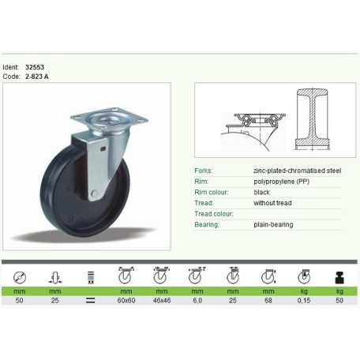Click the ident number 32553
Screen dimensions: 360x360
[x=35, y=67]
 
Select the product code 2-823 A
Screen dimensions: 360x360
[x=37, y=77]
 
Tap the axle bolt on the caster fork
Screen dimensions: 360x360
[x=94, y=194]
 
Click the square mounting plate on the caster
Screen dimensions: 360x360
[x=110, y=118]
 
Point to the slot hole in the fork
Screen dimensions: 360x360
[x=103, y=148]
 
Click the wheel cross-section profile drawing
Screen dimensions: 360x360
[x=313, y=119]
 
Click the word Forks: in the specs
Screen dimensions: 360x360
[x=204, y=171]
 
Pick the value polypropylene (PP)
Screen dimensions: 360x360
[x=282, y=182]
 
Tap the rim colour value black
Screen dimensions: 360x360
[x=261, y=192]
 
